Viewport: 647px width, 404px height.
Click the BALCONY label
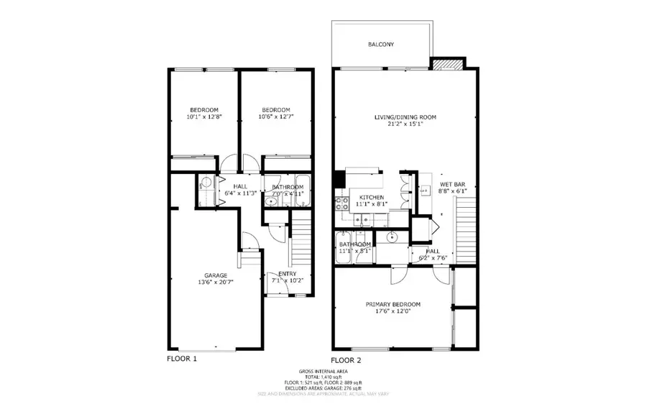click(381, 45)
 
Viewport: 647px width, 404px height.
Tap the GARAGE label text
click(216, 275)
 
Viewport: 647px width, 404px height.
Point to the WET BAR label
click(453, 184)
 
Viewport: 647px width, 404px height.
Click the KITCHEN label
click(372, 197)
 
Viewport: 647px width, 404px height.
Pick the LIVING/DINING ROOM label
click(405, 117)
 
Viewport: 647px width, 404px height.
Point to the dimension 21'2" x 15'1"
click(405, 124)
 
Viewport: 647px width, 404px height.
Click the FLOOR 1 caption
click(182, 358)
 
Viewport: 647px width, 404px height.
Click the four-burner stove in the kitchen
click(339, 203)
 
